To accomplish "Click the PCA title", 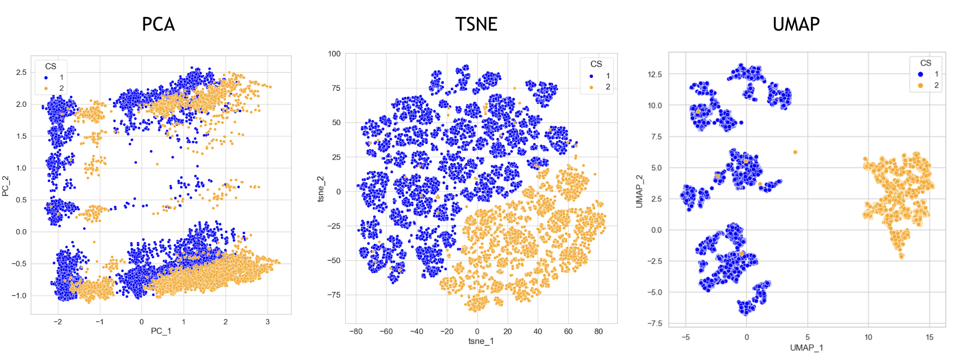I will (158, 24).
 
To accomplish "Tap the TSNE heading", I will (476, 24).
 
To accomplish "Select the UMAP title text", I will (796, 24).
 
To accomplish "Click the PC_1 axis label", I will (161, 331).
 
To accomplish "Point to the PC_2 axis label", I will (5, 186).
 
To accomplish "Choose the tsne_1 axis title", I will (481, 341).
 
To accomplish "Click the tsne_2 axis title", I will (321, 189).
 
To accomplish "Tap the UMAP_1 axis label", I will (806, 348).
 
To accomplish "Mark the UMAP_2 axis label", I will (639, 191).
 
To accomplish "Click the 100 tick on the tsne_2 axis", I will (334, 54).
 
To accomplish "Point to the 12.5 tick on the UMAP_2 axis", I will (655, 74).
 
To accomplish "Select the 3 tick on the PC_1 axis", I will (268, 322).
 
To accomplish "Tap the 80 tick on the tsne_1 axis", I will (598, 331).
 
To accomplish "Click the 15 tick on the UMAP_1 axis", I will (929, 337).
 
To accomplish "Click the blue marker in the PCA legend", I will (46, 78).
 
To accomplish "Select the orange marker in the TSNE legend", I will (591, 87).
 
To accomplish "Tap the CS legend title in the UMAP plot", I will (925, 63).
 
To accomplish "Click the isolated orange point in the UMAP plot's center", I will (795, 152).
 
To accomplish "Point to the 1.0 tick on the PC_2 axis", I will (21, 168).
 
